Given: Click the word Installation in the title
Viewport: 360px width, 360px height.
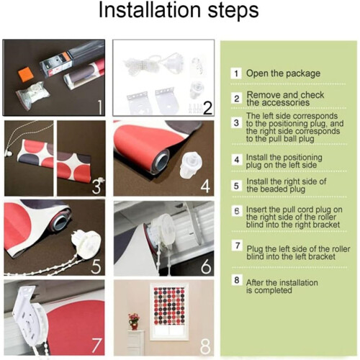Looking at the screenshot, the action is (x=150, y=10).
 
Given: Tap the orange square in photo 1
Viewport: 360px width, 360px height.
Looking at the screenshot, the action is (x=26, y=73).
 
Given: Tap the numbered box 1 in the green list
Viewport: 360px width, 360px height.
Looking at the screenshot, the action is (x=236, y=73).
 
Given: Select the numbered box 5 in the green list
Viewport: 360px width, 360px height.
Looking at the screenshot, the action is (x=236, y=186).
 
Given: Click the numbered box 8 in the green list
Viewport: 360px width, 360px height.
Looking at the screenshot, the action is (x=237, y=280).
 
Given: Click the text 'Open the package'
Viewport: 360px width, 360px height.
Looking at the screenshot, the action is (x=283, y=73).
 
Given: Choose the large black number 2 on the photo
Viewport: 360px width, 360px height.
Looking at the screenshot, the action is (x=207, y=108).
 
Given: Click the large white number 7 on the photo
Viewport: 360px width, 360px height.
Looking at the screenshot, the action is (x=96, y=345).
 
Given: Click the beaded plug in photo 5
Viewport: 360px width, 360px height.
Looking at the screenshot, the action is (x=86, y=244).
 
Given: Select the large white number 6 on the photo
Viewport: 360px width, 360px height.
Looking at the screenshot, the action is (x=206, y=266).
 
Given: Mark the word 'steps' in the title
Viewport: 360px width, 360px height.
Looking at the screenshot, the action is (x=233, y=11).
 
